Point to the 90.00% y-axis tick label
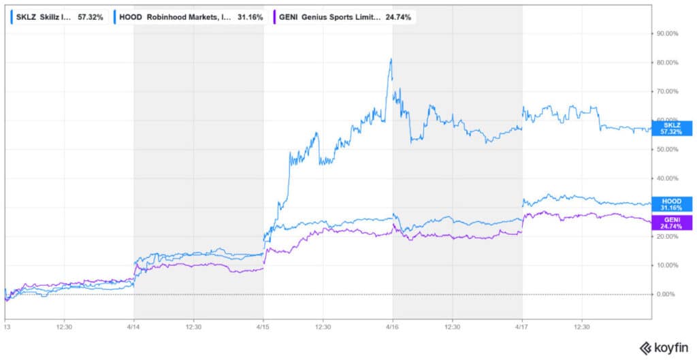[x=668, y=33]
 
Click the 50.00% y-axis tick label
[x=668, y=149]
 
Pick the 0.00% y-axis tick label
[x=666, y=294]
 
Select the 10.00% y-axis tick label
[x=668, y=265]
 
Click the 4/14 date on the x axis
[x=134, y=326]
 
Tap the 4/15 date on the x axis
[x=263, y=326]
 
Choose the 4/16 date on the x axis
[x=393, y=326]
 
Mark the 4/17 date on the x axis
[x=522, y=326]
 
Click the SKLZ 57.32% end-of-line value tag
[x=672, y=128]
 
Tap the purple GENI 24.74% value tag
[x=672, y=222]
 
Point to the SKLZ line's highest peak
[x=391, y=59]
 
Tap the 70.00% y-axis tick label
[x=668, y=91]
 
